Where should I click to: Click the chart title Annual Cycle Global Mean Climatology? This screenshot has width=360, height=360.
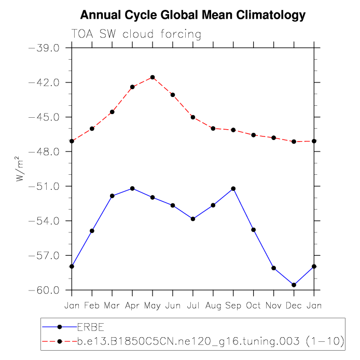193,15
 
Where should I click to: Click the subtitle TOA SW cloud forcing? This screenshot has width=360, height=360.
136,34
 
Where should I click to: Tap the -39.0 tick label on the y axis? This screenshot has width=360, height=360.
47,48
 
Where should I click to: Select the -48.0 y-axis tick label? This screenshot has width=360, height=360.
47,151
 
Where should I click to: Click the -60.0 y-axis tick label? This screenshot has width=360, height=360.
47,290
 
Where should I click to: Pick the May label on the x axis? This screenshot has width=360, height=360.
153,306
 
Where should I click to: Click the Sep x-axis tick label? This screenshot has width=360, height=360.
233,306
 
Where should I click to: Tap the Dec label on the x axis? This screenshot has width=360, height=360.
294,306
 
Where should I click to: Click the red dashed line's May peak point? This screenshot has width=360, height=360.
153,77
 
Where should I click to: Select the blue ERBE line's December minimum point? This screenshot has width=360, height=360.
294,285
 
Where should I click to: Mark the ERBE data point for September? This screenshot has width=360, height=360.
233,188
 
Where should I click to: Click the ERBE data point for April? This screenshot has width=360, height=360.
132,188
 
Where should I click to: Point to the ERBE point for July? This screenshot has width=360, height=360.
193,219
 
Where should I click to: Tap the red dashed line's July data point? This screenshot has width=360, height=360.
193,117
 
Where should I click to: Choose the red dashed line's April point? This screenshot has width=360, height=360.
132,87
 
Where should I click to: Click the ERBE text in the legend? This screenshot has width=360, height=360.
91,327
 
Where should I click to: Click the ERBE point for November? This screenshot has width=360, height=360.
274,268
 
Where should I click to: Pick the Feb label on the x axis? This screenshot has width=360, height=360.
92,306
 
